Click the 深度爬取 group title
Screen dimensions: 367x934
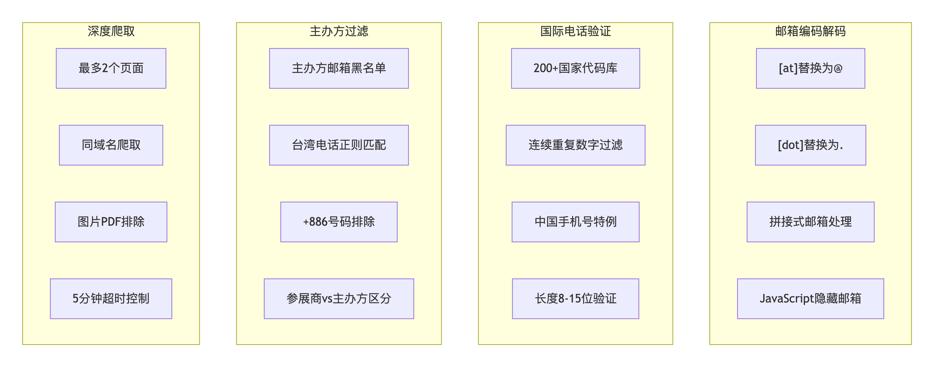(111, 31)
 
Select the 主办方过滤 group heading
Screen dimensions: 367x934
(339, 31)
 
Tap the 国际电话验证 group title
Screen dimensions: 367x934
(576, 31)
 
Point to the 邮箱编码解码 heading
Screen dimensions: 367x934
(810, 31)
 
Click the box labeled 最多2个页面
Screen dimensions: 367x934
(111, 68)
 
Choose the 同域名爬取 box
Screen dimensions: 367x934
(111, 145)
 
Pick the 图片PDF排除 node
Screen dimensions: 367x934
(111, 222)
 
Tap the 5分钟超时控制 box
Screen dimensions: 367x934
(111, 299)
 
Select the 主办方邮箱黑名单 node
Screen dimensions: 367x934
(339, 68)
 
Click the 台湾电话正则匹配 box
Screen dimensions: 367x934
(339, 145)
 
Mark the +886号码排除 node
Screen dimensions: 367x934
(339, 222)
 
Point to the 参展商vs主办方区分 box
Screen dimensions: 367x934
(339, 299)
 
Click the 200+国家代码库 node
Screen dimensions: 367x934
(576, 68)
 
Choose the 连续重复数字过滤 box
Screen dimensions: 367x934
(576, 145)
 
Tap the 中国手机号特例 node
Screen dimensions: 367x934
(576, 222)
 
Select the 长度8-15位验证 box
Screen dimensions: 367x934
(576, 299)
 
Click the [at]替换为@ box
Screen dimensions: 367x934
(810, 68)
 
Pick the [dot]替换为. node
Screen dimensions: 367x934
(810, 145)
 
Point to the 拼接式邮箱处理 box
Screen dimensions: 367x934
(810, 222)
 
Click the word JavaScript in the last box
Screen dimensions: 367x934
(784, 299)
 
